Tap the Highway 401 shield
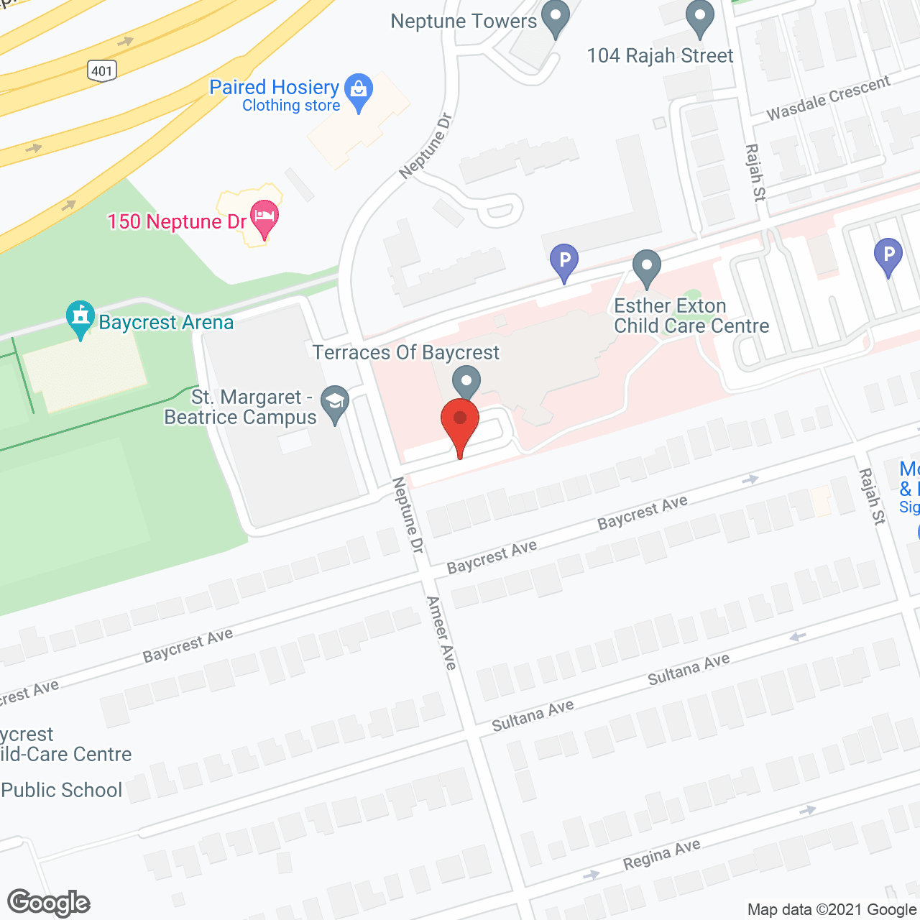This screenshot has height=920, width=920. pos(102,70)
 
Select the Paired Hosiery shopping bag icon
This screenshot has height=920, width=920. pos(358,91)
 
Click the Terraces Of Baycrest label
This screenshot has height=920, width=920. pos(405,352)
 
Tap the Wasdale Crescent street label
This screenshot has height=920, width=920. pos(828,98)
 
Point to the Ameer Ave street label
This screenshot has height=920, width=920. pos(441,632)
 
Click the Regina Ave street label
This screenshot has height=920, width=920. pos(661,854)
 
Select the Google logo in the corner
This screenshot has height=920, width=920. pos(49,903)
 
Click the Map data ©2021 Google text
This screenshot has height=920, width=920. pos(832,909)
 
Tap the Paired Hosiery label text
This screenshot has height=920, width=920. pos(274,87)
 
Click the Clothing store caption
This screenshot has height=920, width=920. pos(291,106)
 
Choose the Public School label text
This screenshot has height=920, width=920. pos(62,790)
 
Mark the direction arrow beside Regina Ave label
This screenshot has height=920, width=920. pos(808,810)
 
